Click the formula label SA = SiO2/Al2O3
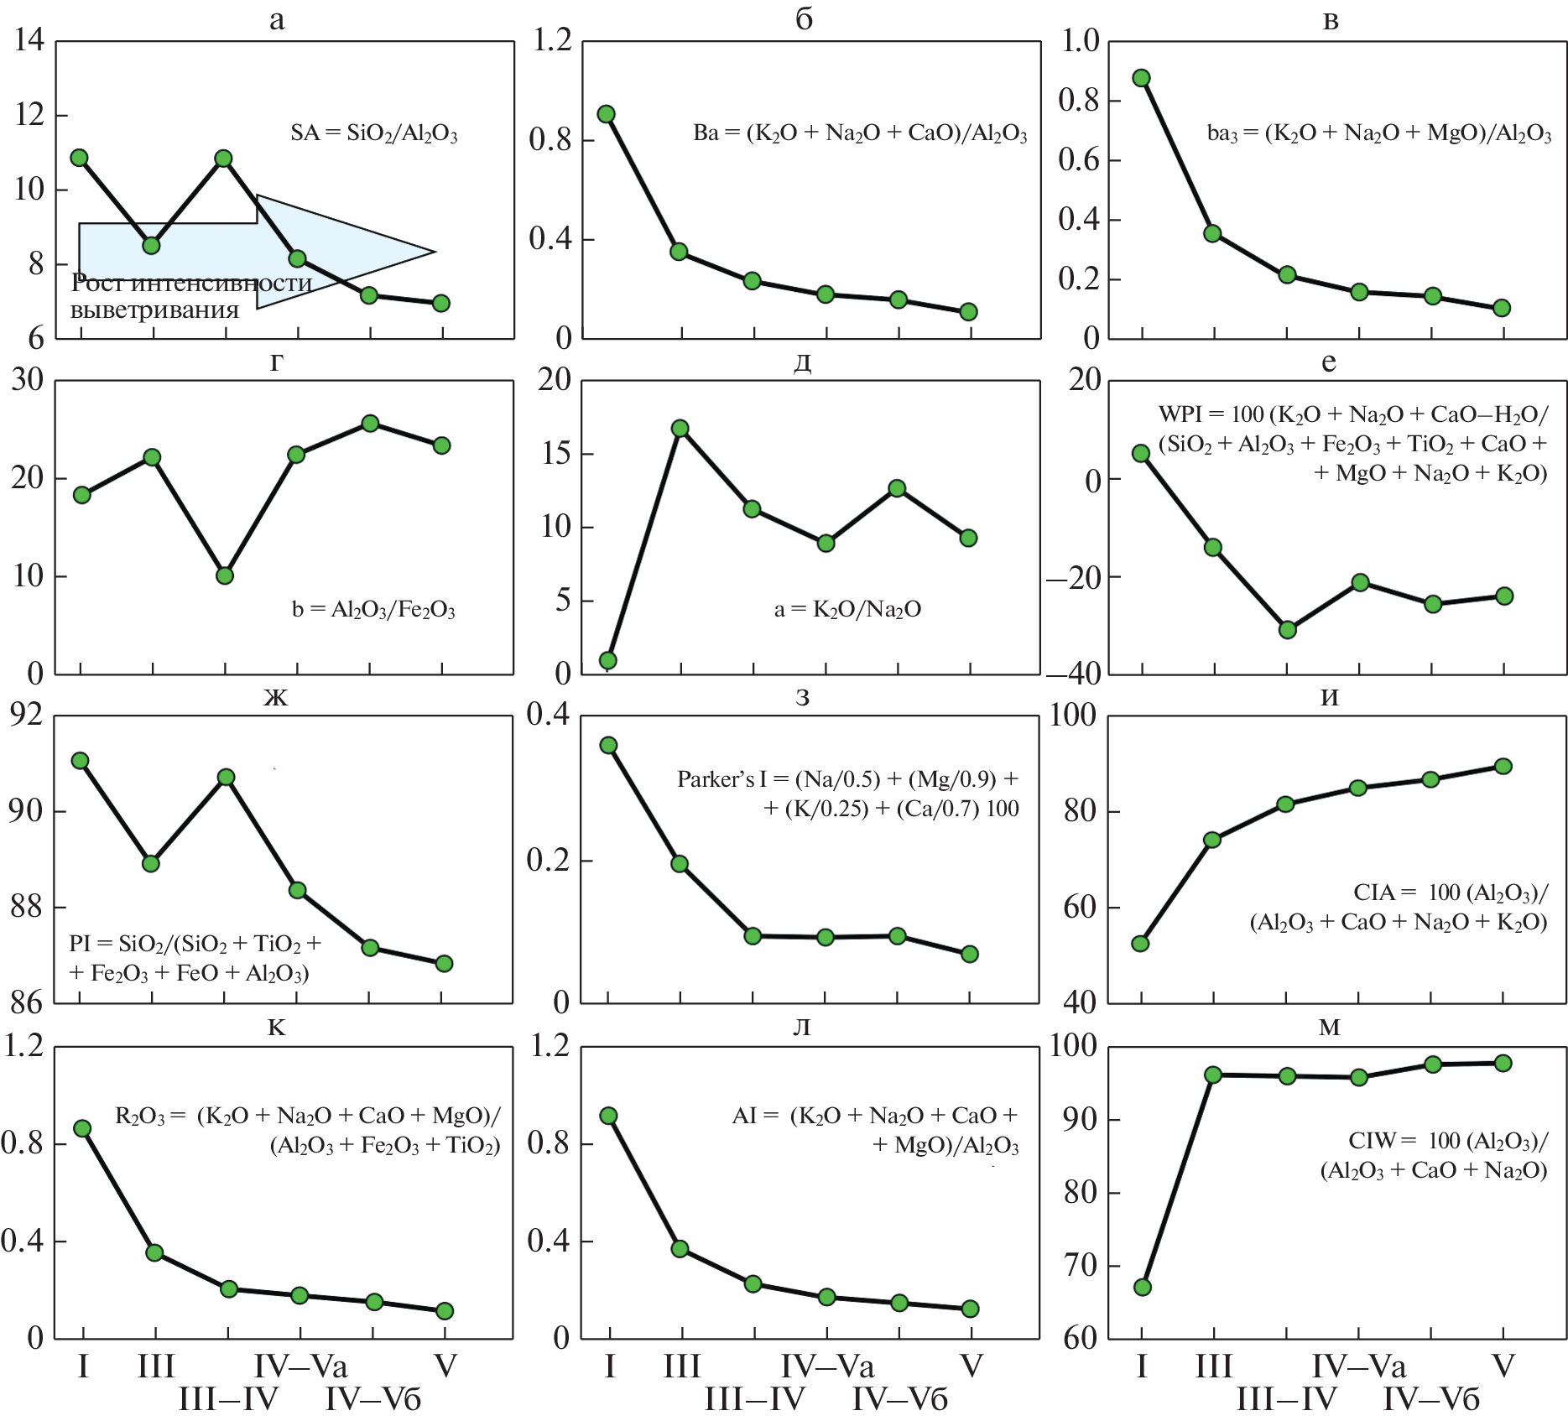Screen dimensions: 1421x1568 (374, 133)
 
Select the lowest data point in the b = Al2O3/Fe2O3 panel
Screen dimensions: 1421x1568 (224, 575)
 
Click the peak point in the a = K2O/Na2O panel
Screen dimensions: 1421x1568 (680, 429)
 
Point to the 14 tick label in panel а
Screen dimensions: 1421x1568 (29, 39)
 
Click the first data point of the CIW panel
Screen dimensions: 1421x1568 (1142, 1287)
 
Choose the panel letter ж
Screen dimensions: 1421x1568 (276, 697)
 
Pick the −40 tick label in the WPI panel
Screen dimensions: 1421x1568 (1074, 674)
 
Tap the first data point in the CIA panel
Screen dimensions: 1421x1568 (1140, 944)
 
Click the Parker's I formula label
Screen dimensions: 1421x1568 (848, 794)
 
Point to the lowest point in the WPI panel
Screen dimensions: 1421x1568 (1288, 629)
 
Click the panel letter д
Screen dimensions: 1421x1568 (802, 362)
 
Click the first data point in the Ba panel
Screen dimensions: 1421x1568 (607, 114)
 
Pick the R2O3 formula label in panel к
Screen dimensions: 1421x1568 (307, 1130)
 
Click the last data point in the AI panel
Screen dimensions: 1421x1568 (970, 1309)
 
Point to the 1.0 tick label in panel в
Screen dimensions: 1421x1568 (1081, 39)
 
